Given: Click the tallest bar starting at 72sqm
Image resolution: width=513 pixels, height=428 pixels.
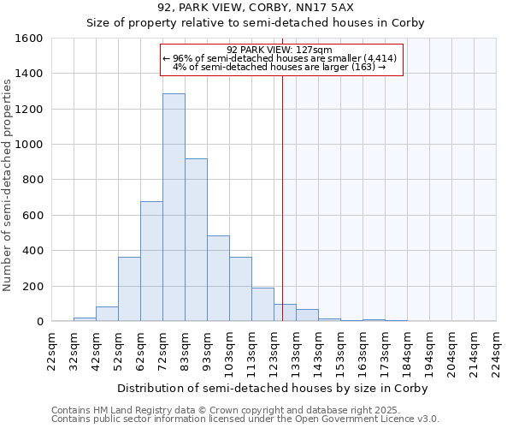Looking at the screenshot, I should click(x=174, y=207).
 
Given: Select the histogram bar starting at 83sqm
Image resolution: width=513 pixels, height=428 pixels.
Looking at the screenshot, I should click(x=196, y=240).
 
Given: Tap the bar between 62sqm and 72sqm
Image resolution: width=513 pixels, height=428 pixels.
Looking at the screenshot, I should click(x=151, y=261).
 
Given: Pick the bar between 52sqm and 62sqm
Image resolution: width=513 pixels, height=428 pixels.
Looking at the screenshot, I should click(x=129, y=289).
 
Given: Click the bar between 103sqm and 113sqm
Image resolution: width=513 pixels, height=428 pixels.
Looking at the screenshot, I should click(x=240, y=289).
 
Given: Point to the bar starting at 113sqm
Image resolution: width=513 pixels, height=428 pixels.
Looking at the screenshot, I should click(x=262, y=305).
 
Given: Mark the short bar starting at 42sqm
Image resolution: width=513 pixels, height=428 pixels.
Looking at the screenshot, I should click(x=107, y=314).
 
